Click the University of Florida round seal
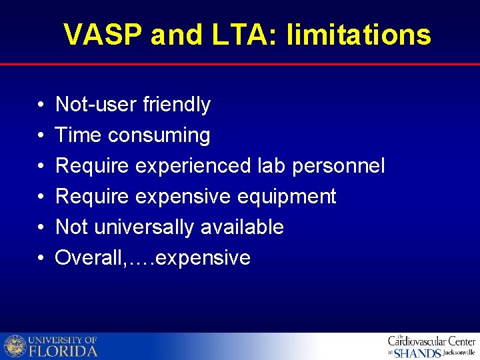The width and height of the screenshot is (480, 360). pos(15,347)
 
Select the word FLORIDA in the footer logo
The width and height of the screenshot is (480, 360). pos(63,351)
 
